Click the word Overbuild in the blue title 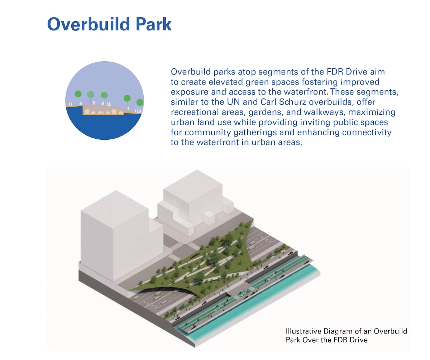(89, 24)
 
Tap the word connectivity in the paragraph (367, 132)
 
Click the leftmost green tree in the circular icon (78, 94)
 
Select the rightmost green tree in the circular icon (140, 102)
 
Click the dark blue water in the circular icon (104, 126)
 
